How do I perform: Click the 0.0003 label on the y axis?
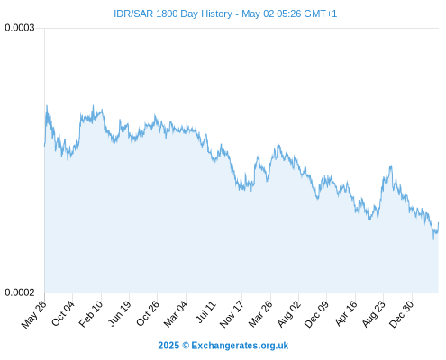(x=20, y=28)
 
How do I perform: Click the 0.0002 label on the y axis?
(x=20, y=292)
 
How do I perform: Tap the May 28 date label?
(x=34, y=314)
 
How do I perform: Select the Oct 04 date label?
(x=63, y=313)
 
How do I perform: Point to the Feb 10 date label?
(x=91, y=314)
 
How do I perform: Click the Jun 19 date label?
(x=120, y=314)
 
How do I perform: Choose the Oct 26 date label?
(x=148, y=313)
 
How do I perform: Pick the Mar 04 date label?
(x=176, y=314)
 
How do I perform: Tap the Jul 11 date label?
(x=206, y=312)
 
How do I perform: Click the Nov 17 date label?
(x=231, y=314)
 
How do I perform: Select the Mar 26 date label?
(x=260, y=314)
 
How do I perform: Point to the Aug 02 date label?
(x=288, y=314)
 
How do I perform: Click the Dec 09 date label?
(x=316, y=314)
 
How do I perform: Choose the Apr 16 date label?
(x=346, y=313)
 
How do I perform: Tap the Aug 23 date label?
(x=374, y=314)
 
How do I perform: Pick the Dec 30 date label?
(x=401, y=314)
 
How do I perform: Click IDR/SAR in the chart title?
(x=133, y=13)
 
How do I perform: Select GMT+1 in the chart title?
(x=321, y=13)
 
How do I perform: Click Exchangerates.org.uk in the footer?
(x=240, y=346)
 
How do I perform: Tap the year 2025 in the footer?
(x=168, y=346)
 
